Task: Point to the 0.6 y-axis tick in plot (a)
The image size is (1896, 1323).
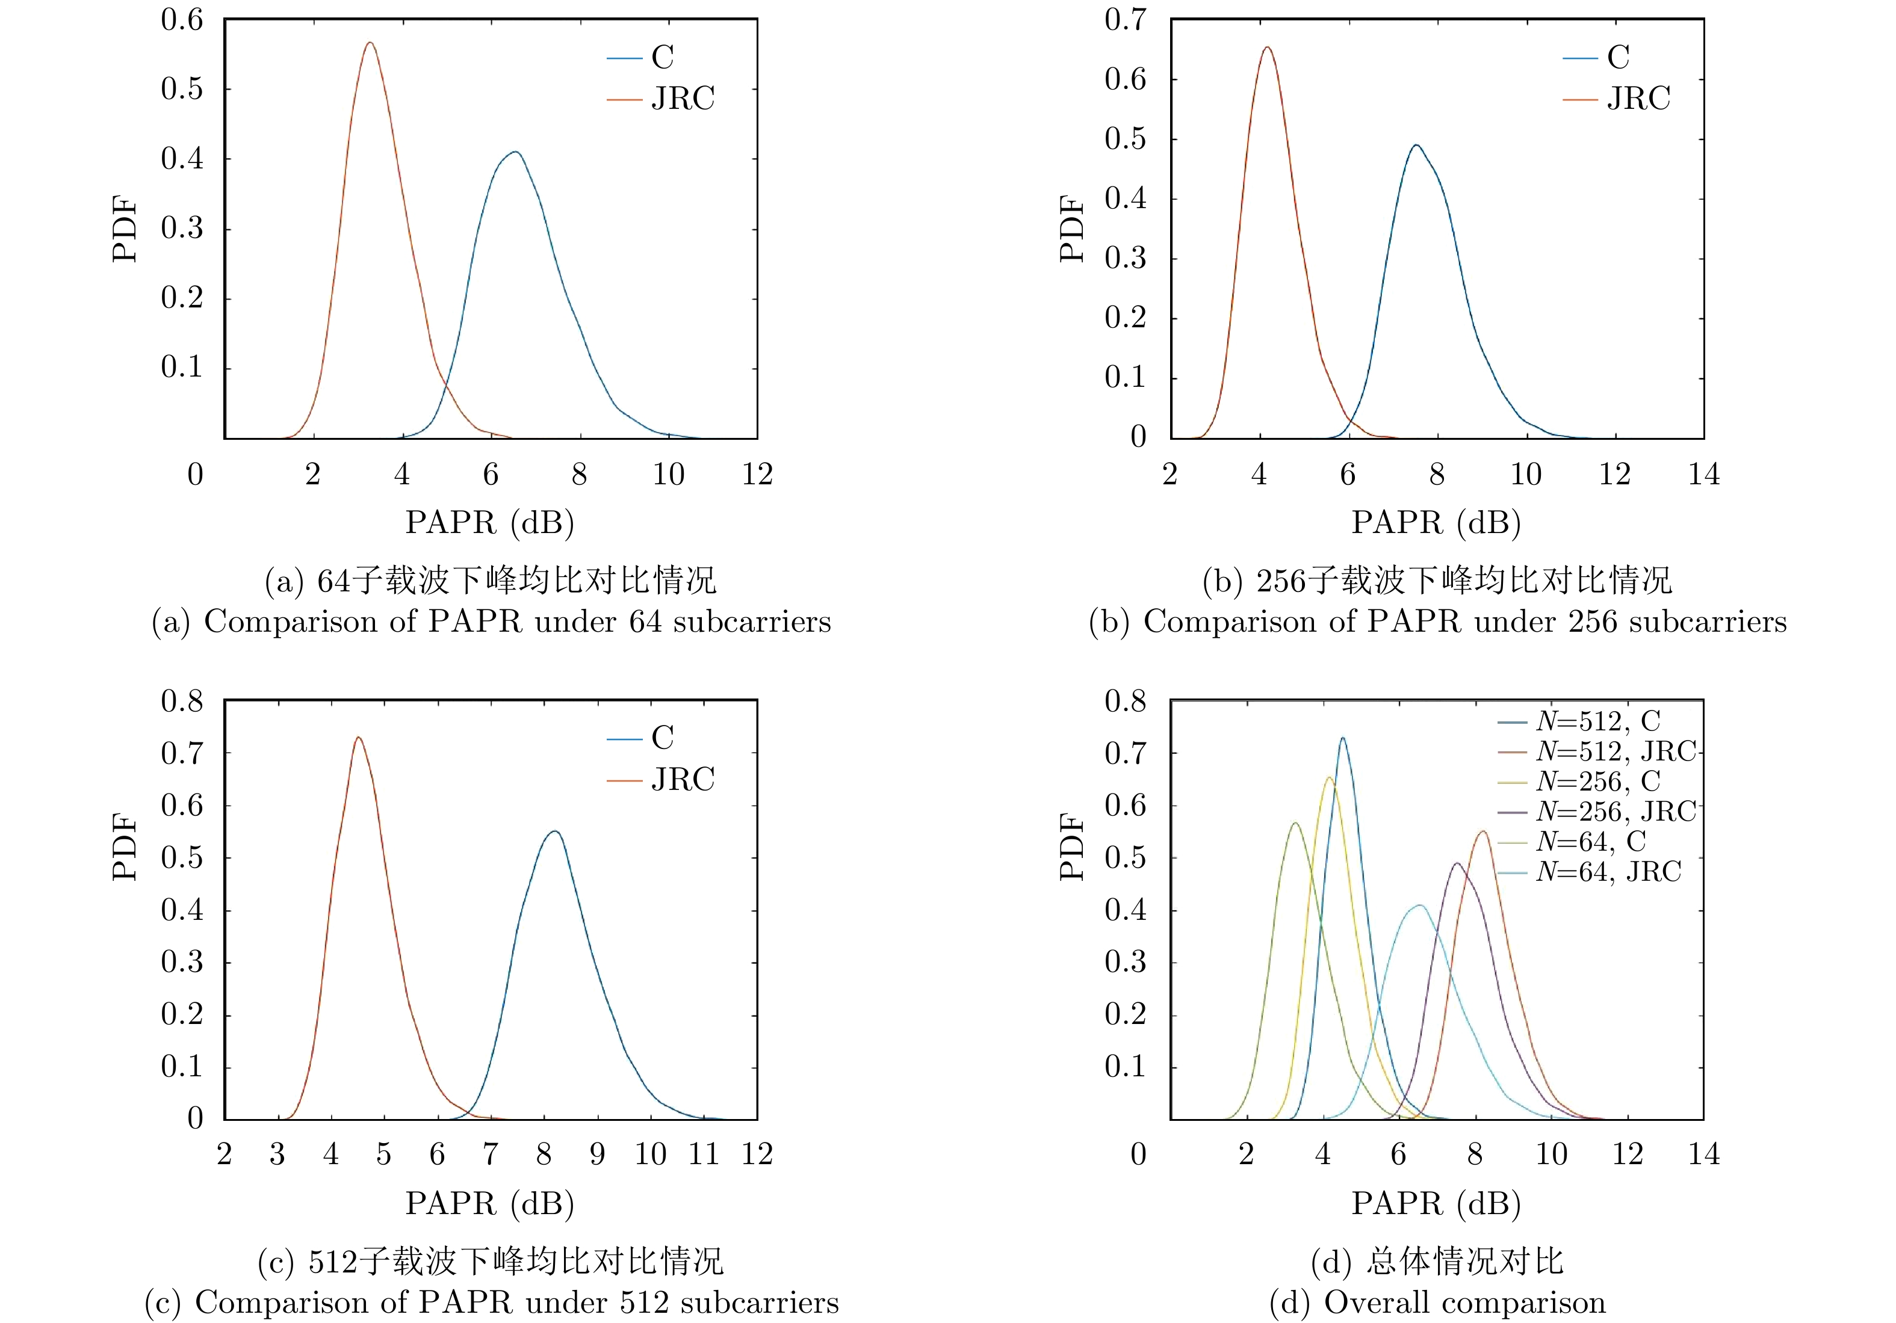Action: click(x=182, y=20)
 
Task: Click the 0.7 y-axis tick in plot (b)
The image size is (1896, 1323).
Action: click(x=1126, y=20)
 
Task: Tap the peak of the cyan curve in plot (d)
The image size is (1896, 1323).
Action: click(x=1419, y=905)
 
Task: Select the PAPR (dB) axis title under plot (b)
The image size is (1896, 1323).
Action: click(x=1436, y=522)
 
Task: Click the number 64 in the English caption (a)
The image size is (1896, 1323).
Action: click(x=646, y=621)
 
